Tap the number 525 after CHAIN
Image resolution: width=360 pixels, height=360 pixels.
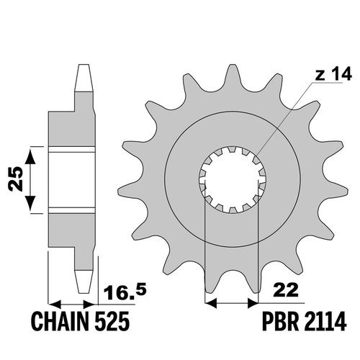[112, 322]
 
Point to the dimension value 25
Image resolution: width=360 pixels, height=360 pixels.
[15, 179]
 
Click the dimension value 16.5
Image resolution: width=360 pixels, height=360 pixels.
[125, 292]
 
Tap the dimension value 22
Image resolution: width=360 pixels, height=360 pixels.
[287, 290]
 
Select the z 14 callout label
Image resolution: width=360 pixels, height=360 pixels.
[333, 74]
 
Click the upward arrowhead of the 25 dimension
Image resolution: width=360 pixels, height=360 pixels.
[30, 156]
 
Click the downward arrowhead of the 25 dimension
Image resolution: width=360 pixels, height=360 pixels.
[30, 203]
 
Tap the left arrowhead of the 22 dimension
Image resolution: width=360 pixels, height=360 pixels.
[212, 303]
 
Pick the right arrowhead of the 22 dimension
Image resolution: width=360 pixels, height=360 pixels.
[253, 303]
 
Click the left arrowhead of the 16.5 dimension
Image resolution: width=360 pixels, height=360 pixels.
[55, 304]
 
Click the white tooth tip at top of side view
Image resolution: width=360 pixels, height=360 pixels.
[84, 78]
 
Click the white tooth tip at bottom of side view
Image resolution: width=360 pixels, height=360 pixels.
[84, 282]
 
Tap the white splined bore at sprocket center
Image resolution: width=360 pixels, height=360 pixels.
[233, 180]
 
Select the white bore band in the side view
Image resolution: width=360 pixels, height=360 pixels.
[72, 179]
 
